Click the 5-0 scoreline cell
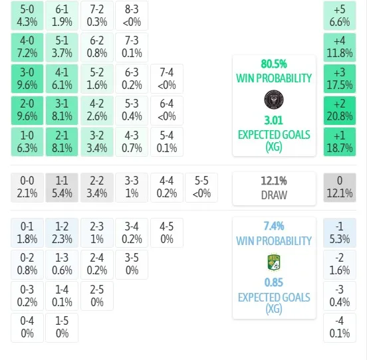coord(27,16)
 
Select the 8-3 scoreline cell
coord(132,16)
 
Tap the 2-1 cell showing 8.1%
coord(62,141)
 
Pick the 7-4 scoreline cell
coord(167,79)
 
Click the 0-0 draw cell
coord(27,187)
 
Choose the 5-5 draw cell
coord(201,187)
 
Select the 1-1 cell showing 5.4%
coord(62,187)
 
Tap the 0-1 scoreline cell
coord(27,233)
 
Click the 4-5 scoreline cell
coord(167,233)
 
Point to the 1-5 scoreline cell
coord(62,327)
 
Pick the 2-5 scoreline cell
coord(97,296)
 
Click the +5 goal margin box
coord(340,16)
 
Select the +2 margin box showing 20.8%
coord(340,110)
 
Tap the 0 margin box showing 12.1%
coord(340,187)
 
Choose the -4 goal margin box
coord(340,327)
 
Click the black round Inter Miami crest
coord(274,100)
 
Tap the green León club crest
coord(274,262)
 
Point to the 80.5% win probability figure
coord(274,64)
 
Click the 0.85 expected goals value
coord(274,283)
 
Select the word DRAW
coord(274,195)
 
